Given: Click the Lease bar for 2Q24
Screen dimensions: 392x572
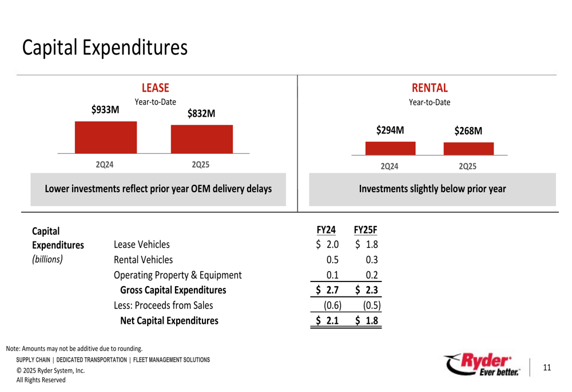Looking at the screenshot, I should pos(106,137).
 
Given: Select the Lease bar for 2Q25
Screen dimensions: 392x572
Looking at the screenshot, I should pos(202,139).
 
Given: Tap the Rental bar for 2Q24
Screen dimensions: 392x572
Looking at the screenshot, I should pos(391,148).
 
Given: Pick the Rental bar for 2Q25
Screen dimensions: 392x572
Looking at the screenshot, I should pos(468,149).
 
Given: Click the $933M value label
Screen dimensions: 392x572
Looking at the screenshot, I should pos(105,110).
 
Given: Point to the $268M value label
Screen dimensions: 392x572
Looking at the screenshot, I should pos(468,131).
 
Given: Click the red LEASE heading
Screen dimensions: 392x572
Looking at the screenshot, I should pos(156,88).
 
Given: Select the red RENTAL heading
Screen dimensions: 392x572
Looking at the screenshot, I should pos(430,88).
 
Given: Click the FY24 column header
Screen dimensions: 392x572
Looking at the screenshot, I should pos(325,230).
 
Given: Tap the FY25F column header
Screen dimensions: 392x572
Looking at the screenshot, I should pos(366,230).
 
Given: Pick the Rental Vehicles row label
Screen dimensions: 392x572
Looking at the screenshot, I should pos(143,260).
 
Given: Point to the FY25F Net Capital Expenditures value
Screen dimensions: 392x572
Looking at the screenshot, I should pos(367,321).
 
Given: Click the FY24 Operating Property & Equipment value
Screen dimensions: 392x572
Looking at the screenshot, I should pos(332,275).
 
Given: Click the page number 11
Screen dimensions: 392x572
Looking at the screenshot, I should pos(546,367).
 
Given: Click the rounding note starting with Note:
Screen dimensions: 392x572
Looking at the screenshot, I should pos(74,349).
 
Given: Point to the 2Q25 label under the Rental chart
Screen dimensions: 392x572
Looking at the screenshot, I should pos(467,167).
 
